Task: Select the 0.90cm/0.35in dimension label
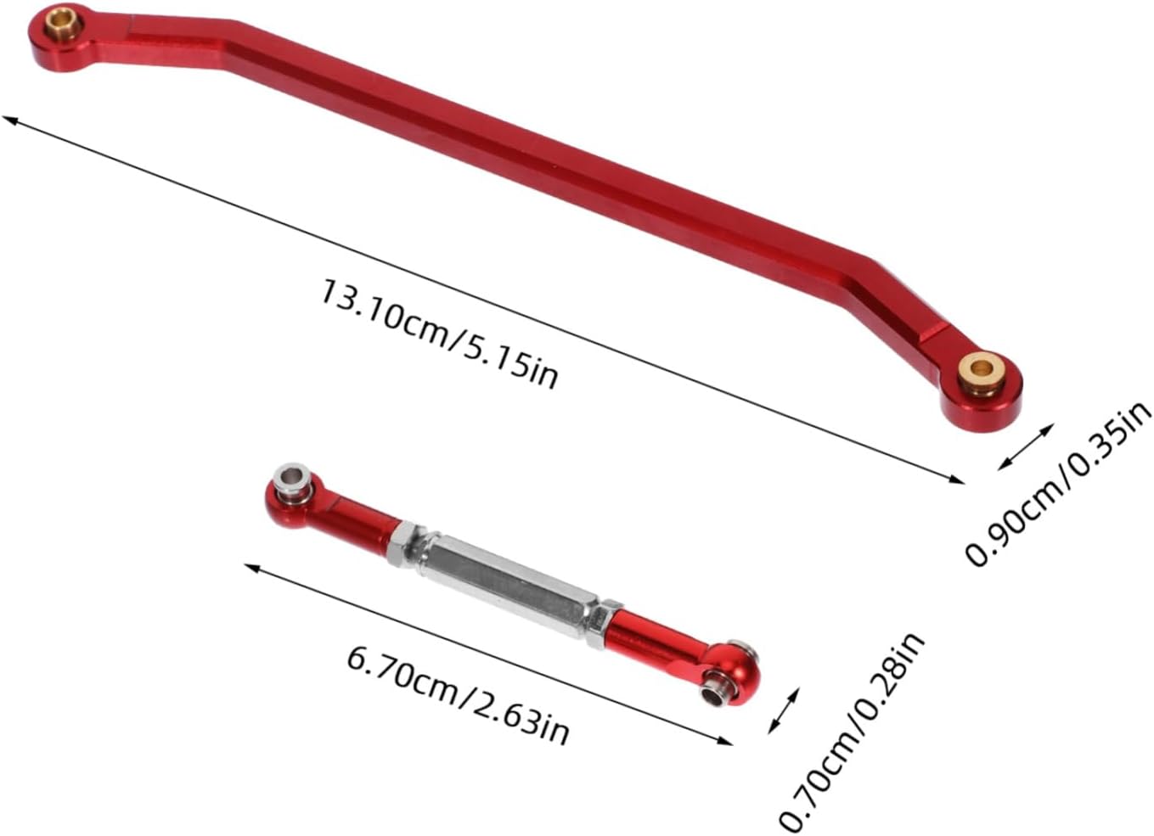point(1057,484)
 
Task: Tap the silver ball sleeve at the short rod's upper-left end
point(295,479)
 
